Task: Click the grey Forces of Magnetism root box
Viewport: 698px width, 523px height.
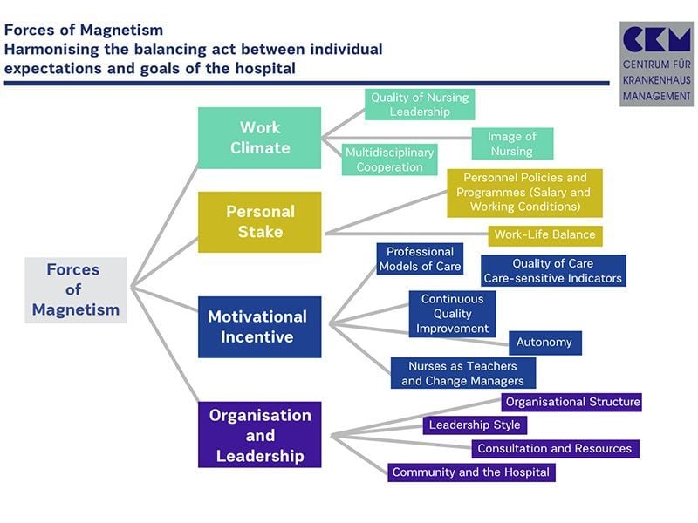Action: coord(76,290)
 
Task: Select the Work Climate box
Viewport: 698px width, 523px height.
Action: coord(259,138)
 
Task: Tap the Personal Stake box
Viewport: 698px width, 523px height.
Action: coord(259,221)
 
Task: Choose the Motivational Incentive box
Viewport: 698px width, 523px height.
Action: coord(259,327)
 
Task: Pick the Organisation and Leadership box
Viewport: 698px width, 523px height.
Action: coord(259,434)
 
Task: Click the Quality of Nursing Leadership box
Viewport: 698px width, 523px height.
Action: coord(420,105)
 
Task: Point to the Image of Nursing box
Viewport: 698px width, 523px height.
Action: coord(512,144)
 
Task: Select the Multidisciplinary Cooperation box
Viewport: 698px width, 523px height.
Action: coord(389,160)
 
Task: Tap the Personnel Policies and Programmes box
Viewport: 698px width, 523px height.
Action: coord(524,193)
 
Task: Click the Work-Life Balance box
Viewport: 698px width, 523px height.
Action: coord(544,235)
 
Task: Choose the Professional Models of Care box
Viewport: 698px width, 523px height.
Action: coord(420,259)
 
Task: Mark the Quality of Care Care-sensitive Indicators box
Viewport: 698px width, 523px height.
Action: coord(553,271)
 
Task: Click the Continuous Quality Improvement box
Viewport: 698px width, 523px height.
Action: coord(452,314)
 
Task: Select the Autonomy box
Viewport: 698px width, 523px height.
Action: coord(544,343)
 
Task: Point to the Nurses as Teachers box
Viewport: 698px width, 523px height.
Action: coord(462,373)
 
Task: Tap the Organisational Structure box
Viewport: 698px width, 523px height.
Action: coord(572,403)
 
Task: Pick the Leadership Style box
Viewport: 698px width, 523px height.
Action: coord(476,425)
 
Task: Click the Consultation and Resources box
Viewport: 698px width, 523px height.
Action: coord(555,449)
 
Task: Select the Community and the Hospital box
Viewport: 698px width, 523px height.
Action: coord(471,472)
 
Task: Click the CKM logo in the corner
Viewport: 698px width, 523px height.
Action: coord(656,64)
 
